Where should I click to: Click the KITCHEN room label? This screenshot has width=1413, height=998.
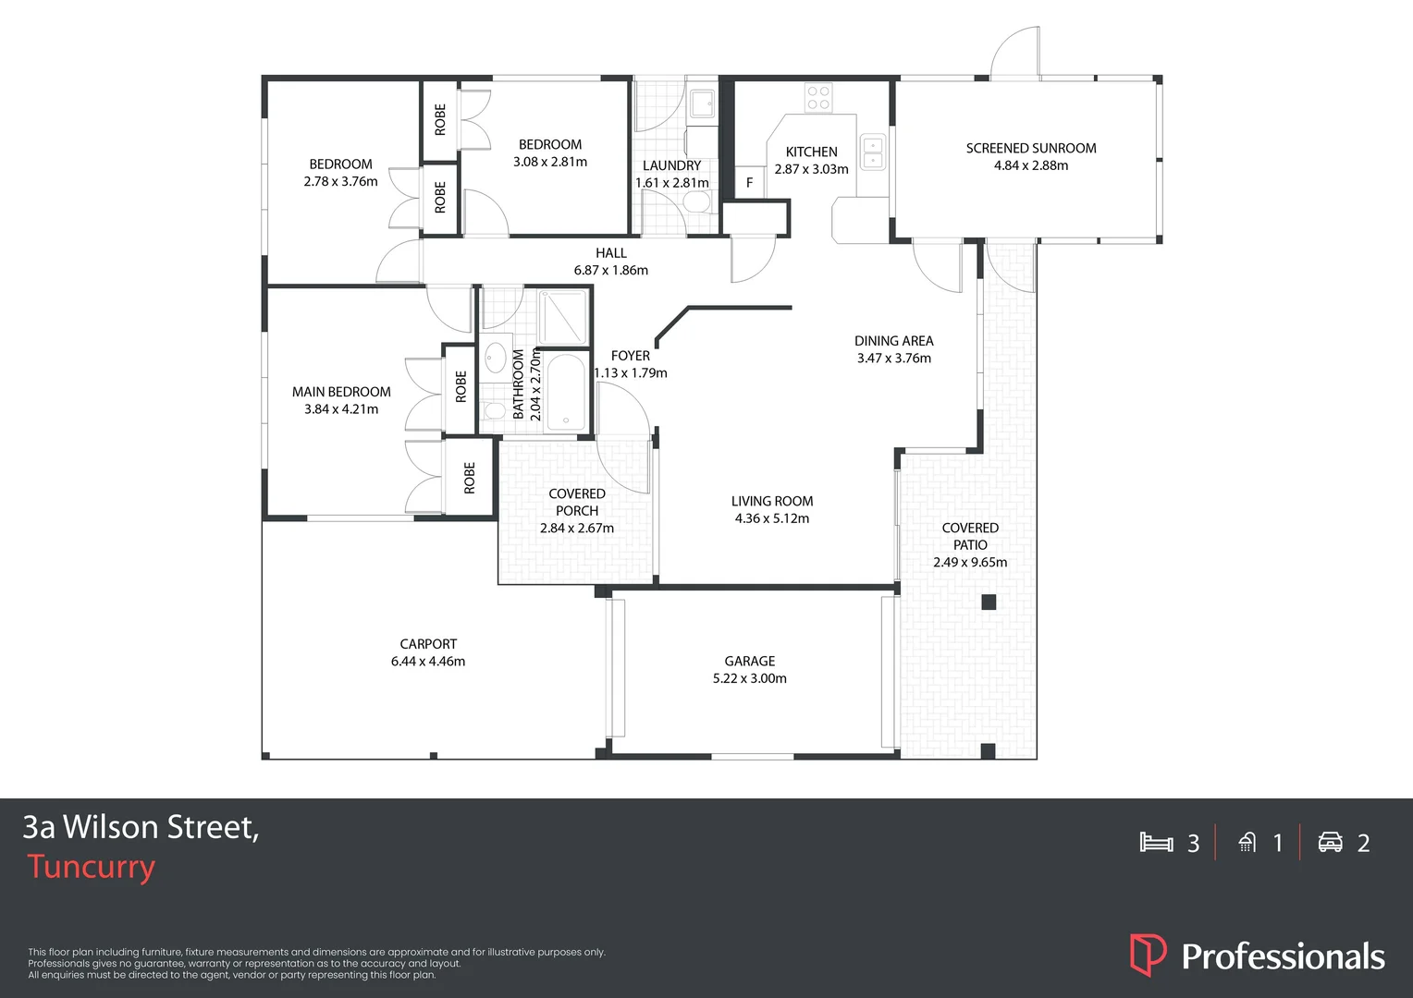[x=811, y=152]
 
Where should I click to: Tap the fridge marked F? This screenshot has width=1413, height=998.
[x=749, y=183]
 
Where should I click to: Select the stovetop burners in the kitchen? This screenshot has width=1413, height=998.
[x=818, y=97]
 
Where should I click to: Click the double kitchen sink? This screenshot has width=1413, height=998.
[x=873, y=152]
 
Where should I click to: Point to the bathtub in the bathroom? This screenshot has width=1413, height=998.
[x=565, y=394]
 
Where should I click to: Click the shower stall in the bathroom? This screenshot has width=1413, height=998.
[x=563, y=317]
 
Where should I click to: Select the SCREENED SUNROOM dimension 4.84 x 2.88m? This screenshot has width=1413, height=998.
[x=1030, y=165]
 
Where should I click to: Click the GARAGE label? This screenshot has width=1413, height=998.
[x=749, y=661]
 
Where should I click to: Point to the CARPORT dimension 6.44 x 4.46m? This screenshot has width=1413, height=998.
[x=427, y=662]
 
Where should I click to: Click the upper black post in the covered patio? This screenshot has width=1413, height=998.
[x=989, y=602]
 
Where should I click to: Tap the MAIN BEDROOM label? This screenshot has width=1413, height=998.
[x=341, y=392]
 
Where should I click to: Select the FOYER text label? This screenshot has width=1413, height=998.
[x=630, y=356]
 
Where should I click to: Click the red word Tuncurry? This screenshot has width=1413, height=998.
[x=91, y=867]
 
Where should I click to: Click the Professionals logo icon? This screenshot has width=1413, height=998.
[x=1148, y=955]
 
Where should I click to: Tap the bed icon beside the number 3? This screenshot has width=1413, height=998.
[x=1156, y=842]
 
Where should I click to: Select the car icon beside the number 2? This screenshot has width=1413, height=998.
[x=1330, y=842]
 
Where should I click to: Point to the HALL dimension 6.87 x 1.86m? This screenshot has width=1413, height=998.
[x=610, y=271]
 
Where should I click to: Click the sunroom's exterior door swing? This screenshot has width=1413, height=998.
[x=1015, y=54]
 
